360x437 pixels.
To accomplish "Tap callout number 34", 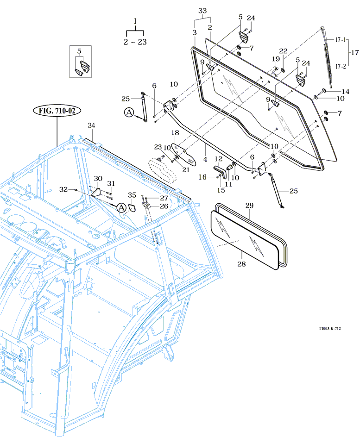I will (91, 125).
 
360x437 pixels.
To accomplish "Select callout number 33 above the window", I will (202, 10).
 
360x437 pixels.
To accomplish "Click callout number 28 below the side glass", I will (242, 264).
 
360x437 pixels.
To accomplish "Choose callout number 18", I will (175, 133).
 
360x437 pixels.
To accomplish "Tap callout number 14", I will (346, 91).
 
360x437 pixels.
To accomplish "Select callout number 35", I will (132, 194).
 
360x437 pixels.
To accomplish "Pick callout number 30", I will (98, 179).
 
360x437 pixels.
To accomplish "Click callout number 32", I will (64, 189).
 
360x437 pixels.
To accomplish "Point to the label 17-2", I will (341, 66).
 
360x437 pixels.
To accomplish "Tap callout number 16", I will (202, 177).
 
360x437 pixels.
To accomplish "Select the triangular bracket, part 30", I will (96, 192).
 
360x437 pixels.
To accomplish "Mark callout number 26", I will (164, 206).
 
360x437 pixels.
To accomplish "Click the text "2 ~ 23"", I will (135, 41).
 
